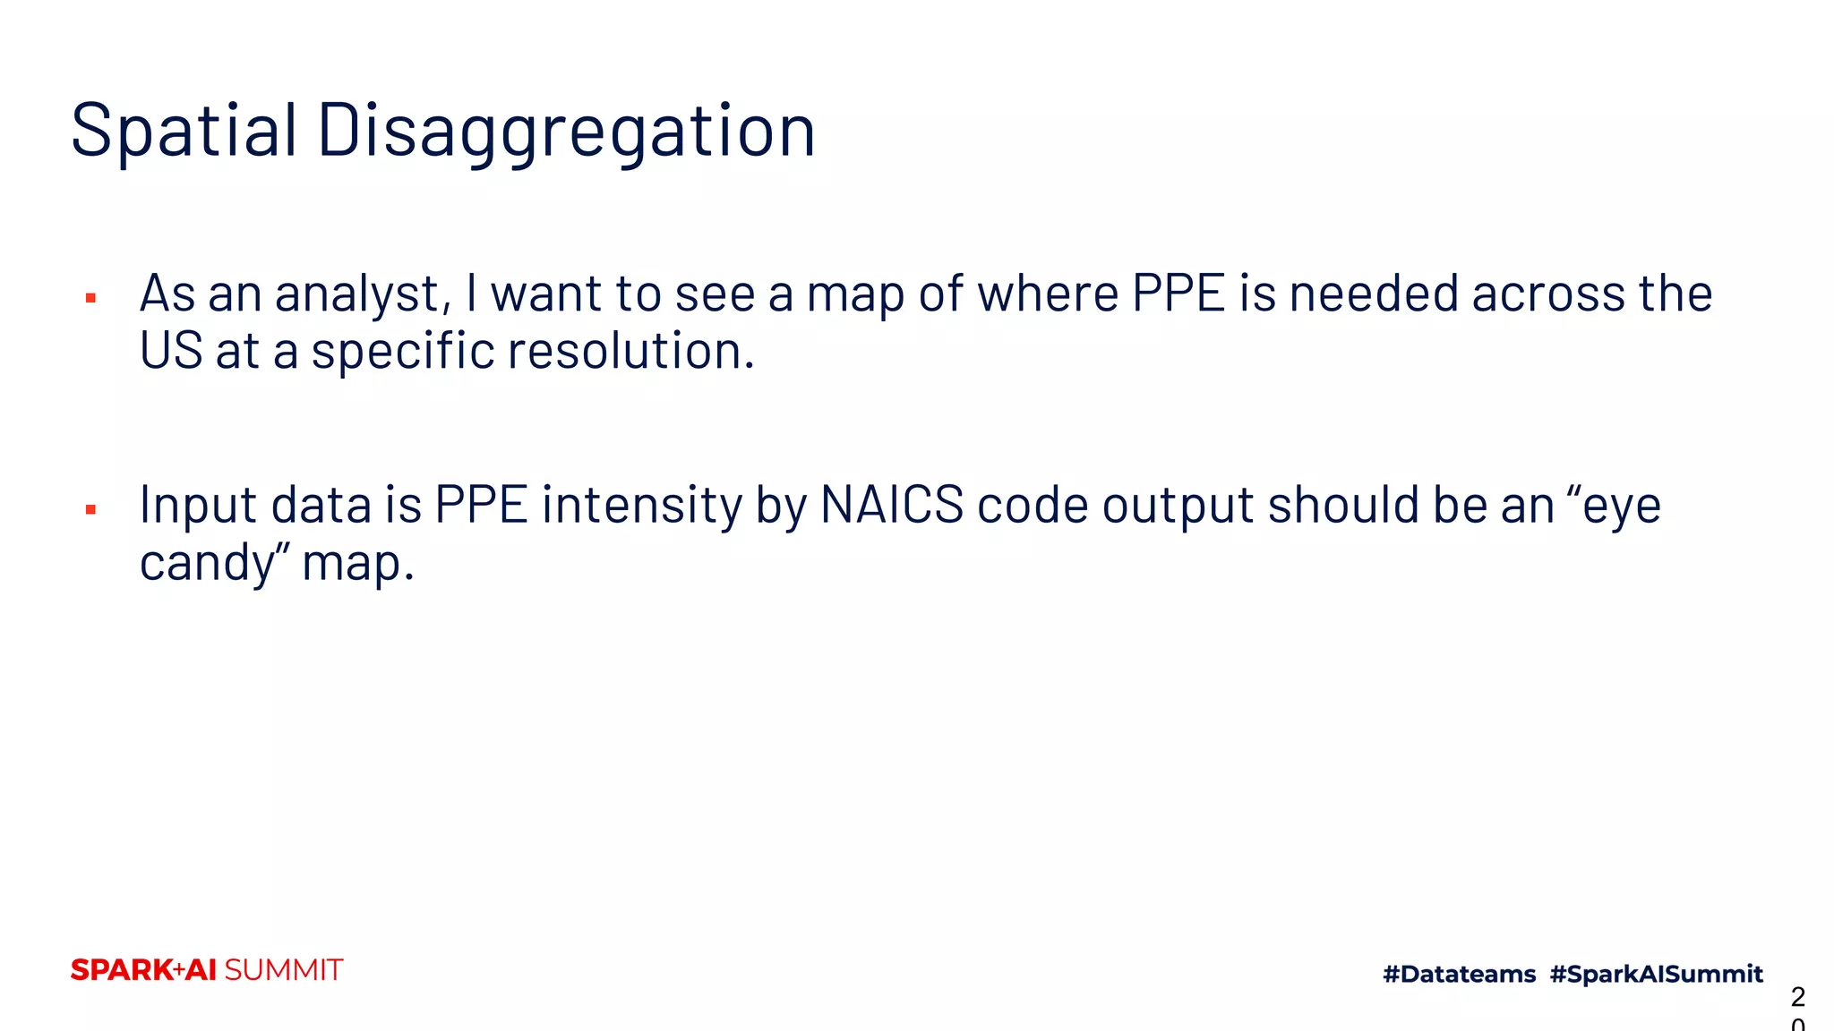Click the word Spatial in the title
point(184,131)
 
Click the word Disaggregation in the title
point(566,131)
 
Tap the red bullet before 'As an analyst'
point(90,298)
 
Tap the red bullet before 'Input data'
point(90,510)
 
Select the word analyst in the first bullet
point(358,294)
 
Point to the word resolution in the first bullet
point(631,350)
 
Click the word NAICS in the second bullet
point(892,505)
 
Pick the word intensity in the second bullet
point(641,507)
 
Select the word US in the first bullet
point(171,350)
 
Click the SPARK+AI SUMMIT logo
point(207,970)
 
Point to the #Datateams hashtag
point(1459,974)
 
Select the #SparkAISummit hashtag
point(1656,974)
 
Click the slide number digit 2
point(1797,996)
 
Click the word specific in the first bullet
point(402,350)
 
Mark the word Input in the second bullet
point(198,507)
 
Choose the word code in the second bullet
point(1033,505)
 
